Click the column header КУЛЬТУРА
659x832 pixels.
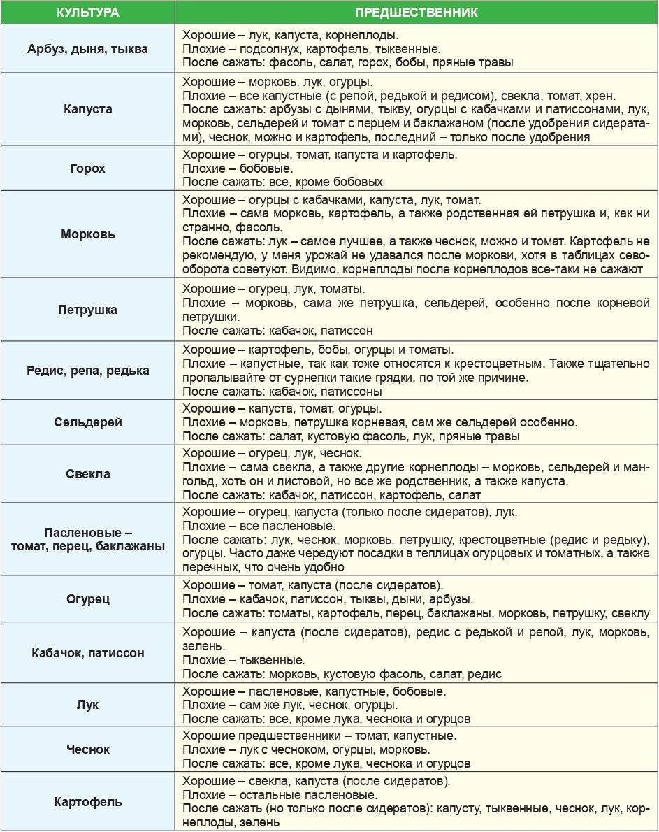(x=88, y=13)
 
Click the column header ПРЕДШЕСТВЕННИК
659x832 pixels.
(x=417, y=13)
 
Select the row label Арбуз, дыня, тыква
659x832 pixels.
(x=88, y=49)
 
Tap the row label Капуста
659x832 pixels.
(x=88, y=109)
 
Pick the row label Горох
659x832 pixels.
(x=88, y=168)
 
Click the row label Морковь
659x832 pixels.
(x=88, y=234)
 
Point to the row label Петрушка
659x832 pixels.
(x=88, y=310)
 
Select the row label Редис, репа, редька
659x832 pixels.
(x=88, y=371)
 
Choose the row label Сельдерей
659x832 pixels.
(x=88, y=422)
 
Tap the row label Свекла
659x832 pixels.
(x=88, y=474)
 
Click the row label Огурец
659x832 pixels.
(x=88, y=599)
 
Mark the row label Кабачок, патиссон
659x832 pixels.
(x=88, y=653)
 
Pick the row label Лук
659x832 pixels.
(x=88, y=705)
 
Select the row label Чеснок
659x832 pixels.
(x=88, y=749)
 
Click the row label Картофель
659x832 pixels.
(x=88, y=801)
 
